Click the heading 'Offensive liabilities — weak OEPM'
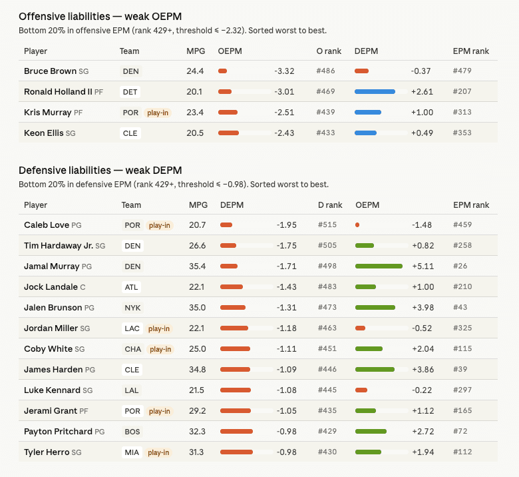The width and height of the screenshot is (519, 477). point(100,16)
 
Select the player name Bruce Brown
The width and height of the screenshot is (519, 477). point(50,71)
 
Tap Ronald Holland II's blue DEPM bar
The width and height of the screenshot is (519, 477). point(375,91)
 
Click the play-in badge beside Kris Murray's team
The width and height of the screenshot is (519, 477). point(158,113)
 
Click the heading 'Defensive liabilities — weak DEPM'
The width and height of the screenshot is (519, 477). point(100,170)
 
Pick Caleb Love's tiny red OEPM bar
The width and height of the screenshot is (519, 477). point(357,225)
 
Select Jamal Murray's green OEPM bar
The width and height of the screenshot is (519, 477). point(379,266)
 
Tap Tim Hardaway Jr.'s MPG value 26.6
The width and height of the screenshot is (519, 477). point(198,246)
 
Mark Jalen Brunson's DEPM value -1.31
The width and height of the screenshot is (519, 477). point(287,308)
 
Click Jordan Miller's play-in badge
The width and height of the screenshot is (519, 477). point(159,328)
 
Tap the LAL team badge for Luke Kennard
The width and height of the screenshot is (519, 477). point(132,390)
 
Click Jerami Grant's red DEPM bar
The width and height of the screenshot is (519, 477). point(235,411)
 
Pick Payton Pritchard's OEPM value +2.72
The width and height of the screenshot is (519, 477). point(423,432)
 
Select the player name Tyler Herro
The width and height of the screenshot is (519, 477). point(46,452)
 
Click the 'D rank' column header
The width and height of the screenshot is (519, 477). point(330,205)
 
